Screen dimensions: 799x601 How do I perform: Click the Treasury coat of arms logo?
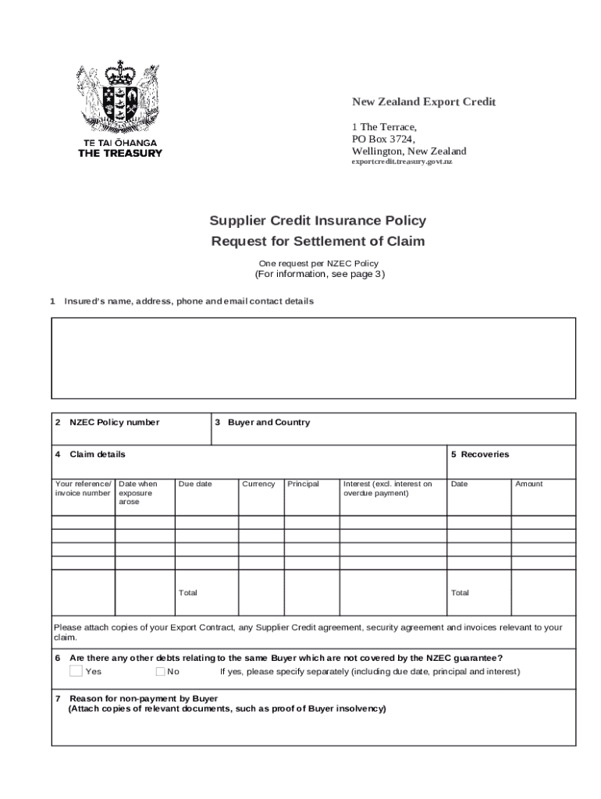tap(119, 98)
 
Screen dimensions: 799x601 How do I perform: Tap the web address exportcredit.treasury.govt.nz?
tap(401, 162)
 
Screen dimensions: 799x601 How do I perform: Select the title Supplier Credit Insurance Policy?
tap(318, 221)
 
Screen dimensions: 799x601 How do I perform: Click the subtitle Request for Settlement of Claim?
tap(318, 241)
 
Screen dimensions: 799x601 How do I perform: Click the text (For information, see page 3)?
tap(319, 275)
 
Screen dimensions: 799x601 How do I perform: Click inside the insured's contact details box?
tap(313, 358)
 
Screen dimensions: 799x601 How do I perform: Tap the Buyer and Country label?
tap(268, 422)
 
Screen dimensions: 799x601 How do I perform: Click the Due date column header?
tap(195, 484)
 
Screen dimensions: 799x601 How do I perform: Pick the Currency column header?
tap(258, 484)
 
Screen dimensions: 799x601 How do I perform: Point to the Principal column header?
tap(303, 484)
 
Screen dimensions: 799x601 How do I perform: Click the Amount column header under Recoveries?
tap(528, 484)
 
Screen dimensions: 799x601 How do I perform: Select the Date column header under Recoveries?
tap(460, 484)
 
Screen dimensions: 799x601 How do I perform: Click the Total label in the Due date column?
tap(188, 593)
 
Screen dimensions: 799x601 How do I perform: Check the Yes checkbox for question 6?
tap(76, 671)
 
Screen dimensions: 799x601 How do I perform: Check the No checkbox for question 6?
tap(160, 671)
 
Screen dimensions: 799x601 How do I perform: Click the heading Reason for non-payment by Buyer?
tap(144, 698)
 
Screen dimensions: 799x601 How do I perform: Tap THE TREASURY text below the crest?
tap(120, 153)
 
